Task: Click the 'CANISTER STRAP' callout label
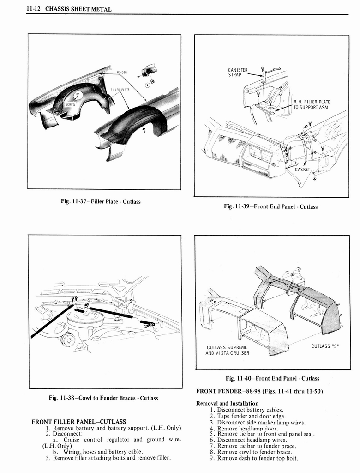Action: [x=238, y=73]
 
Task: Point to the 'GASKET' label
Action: [x=303, y=169]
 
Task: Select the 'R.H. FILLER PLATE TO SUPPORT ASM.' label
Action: [x=312, y=104]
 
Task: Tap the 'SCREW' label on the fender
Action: [x=70, y=104]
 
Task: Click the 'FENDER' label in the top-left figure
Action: [x=121, y=73]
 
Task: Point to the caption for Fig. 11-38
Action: [x=104, y=398]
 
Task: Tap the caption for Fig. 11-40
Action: [x=272, y=378]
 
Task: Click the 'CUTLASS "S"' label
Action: [x=325, y=346]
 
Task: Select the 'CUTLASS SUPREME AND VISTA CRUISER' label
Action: [x=228, y=350]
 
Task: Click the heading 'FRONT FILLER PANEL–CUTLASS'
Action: [x=78, y=421]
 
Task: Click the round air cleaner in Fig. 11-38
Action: [x=88, y=319]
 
